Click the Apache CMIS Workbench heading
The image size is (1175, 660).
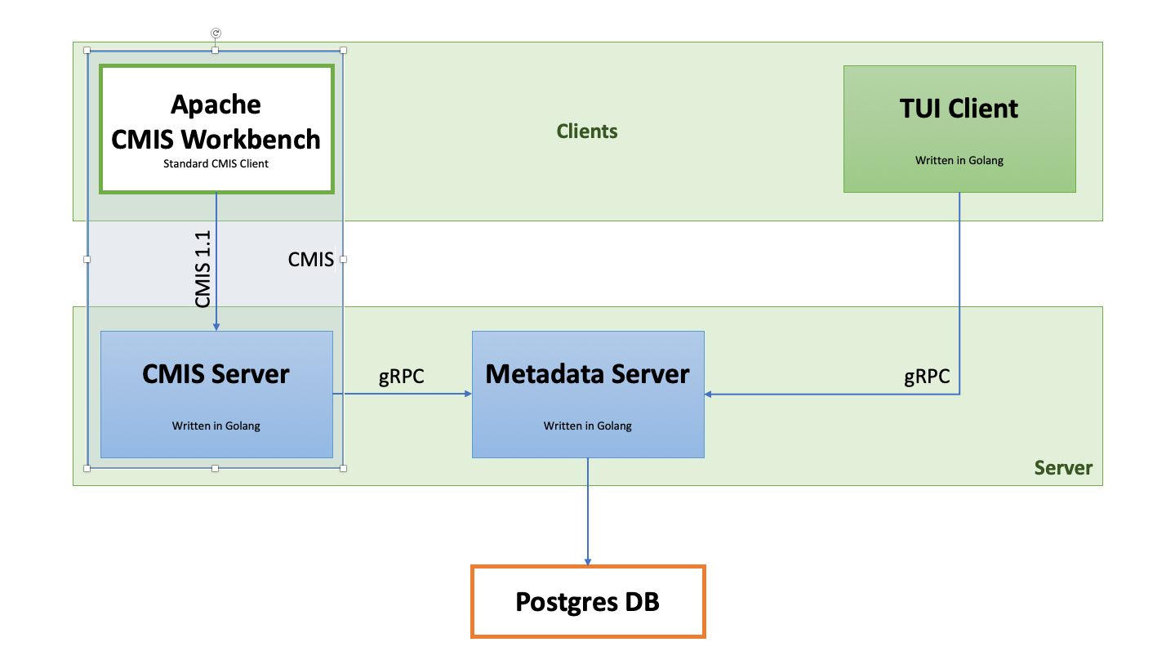pos(216,122)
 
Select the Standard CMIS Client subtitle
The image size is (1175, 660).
pos(216,163)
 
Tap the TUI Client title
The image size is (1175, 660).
pos(959,109)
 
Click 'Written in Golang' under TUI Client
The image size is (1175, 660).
pos(959,161)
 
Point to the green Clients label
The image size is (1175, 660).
pos(587,132)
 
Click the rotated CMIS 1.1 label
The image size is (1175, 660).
pos(203,269)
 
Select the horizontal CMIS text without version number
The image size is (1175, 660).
pos(310,259)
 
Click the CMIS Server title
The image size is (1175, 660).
pos(216,374)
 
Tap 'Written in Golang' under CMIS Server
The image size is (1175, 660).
pos(216,426)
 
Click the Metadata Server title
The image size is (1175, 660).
pos(588,374)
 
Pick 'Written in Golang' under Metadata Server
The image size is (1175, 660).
pos(588,426)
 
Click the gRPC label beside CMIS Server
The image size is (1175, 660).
pos(401,377)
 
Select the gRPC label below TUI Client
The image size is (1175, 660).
pos(927,377)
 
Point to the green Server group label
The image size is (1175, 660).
pos(1063,467)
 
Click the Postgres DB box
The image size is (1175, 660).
pos(588,601)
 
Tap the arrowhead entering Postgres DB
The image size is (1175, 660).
pos(588,562)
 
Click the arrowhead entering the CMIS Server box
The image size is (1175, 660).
pos(216,327)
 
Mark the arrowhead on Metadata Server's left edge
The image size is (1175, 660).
pos(468,394)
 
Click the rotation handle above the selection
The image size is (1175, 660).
pos(216,33)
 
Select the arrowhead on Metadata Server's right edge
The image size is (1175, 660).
pos(708,394)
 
